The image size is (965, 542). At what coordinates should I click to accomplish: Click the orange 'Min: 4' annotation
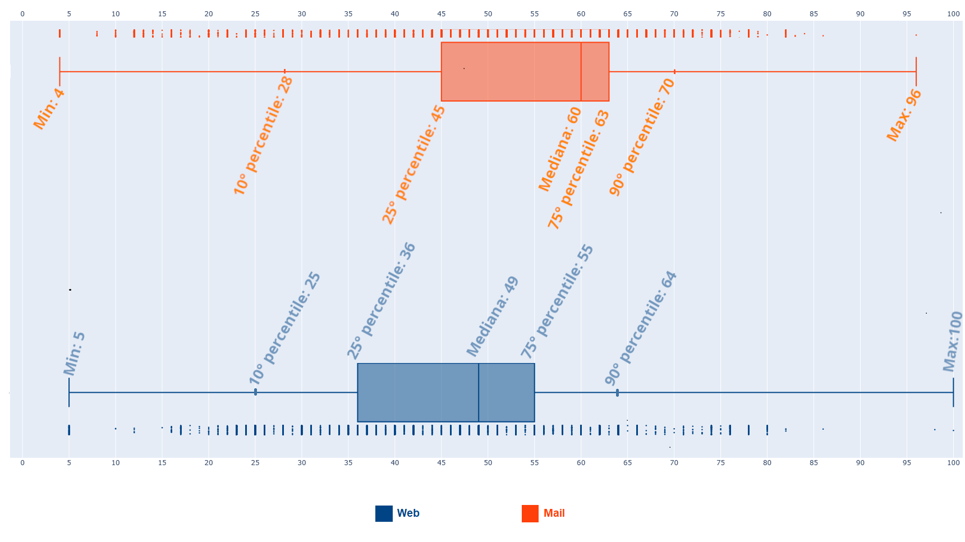49,109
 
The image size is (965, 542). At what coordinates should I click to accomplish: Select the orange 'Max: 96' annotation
904,115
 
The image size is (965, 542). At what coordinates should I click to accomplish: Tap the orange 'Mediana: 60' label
559,149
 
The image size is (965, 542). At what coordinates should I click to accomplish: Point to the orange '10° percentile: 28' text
263,136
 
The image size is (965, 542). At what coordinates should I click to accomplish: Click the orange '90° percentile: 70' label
642,137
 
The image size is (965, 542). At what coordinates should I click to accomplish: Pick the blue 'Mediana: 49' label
493,316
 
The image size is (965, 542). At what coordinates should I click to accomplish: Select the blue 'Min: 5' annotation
74,353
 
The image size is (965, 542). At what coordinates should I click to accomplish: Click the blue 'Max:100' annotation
952,342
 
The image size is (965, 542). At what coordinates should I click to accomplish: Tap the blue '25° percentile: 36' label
381,301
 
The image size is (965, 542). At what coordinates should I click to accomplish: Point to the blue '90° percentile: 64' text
641,328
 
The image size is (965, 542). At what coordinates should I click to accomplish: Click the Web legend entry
398,513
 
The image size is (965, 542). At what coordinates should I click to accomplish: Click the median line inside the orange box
581,72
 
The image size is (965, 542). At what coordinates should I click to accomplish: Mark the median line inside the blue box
479,392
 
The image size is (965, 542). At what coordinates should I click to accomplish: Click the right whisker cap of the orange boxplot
916,72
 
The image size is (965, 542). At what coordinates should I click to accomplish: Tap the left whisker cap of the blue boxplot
69,392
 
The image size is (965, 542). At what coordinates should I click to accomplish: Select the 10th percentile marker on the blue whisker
255,392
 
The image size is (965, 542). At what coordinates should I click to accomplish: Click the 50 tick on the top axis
488,13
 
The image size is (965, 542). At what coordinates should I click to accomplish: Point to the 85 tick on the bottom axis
814,463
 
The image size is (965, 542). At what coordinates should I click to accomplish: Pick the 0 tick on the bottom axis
22,463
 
